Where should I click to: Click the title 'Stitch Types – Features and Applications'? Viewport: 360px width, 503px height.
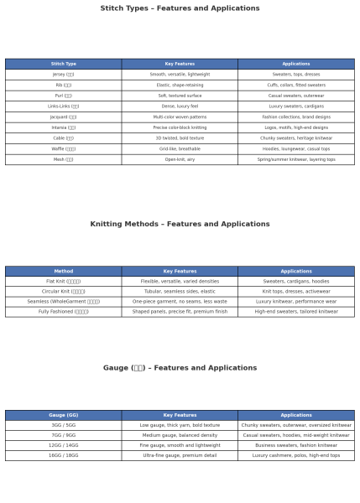pyautogui.click(x=180, y=8)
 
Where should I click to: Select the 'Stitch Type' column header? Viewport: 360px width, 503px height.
pyautogui.click(x=63, y=64)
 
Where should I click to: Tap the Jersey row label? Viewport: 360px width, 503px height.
pyautogui.click(x=63, y=75)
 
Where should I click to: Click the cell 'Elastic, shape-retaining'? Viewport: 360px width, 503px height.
pyautogui.click(x=180, y=85)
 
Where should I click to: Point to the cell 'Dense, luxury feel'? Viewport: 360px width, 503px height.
pyautogui.click(x=180, y=106)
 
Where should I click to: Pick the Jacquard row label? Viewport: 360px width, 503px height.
pyautogui.click(x=63, y=117)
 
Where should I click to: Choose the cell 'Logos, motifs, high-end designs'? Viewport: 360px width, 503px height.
pyautogui.click(x=295, y=127)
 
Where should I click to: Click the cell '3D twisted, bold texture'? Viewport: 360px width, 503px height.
pyautogui.click(x=180, y=138)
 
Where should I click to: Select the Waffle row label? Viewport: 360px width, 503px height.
pyautogui.click(x=63, y=148)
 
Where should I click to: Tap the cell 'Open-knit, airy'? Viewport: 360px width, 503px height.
pyautogui.click(x=180, y=159)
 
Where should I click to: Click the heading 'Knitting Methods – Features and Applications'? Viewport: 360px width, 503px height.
pyautogui.click(x=180, y=225)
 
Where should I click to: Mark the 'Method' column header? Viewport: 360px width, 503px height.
pyautogui.click(x=63, y=272)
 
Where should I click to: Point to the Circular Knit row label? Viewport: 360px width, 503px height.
pyautogui.click(x=63, y=292)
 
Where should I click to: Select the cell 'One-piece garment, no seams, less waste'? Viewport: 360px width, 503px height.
pyautogui.click(x=180, y=302)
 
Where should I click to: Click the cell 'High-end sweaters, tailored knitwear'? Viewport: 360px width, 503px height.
pyautogui.click(x=295, y=312)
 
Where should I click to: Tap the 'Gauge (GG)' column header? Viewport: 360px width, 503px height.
pyautogui.click(x=63, y=415)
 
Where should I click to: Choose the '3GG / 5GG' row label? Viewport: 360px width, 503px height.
pyautogui.click(x=63, y=425)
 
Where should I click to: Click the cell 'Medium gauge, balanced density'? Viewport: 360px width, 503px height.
pyautogui.click(x=180, y=435)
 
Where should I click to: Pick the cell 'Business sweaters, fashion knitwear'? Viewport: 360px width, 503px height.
pyautogui.click(x=295, y=445)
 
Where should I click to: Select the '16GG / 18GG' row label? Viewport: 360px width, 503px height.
pyautogui.click(x=63, y=455)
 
